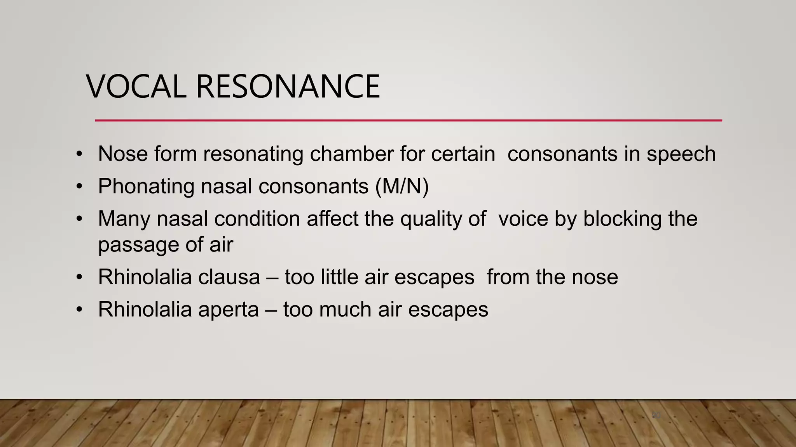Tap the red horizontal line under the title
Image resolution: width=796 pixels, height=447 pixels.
(408, 120)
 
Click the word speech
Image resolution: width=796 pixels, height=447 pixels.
(681, 154)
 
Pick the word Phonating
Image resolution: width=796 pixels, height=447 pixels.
(146, 186)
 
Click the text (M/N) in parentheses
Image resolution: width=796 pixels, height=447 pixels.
(402, 186)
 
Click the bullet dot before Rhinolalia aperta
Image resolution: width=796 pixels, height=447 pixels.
(80, 310)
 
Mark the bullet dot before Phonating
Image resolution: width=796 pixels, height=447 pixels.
(80, 186)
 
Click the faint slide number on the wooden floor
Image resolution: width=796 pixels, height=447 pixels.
(656, 416)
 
